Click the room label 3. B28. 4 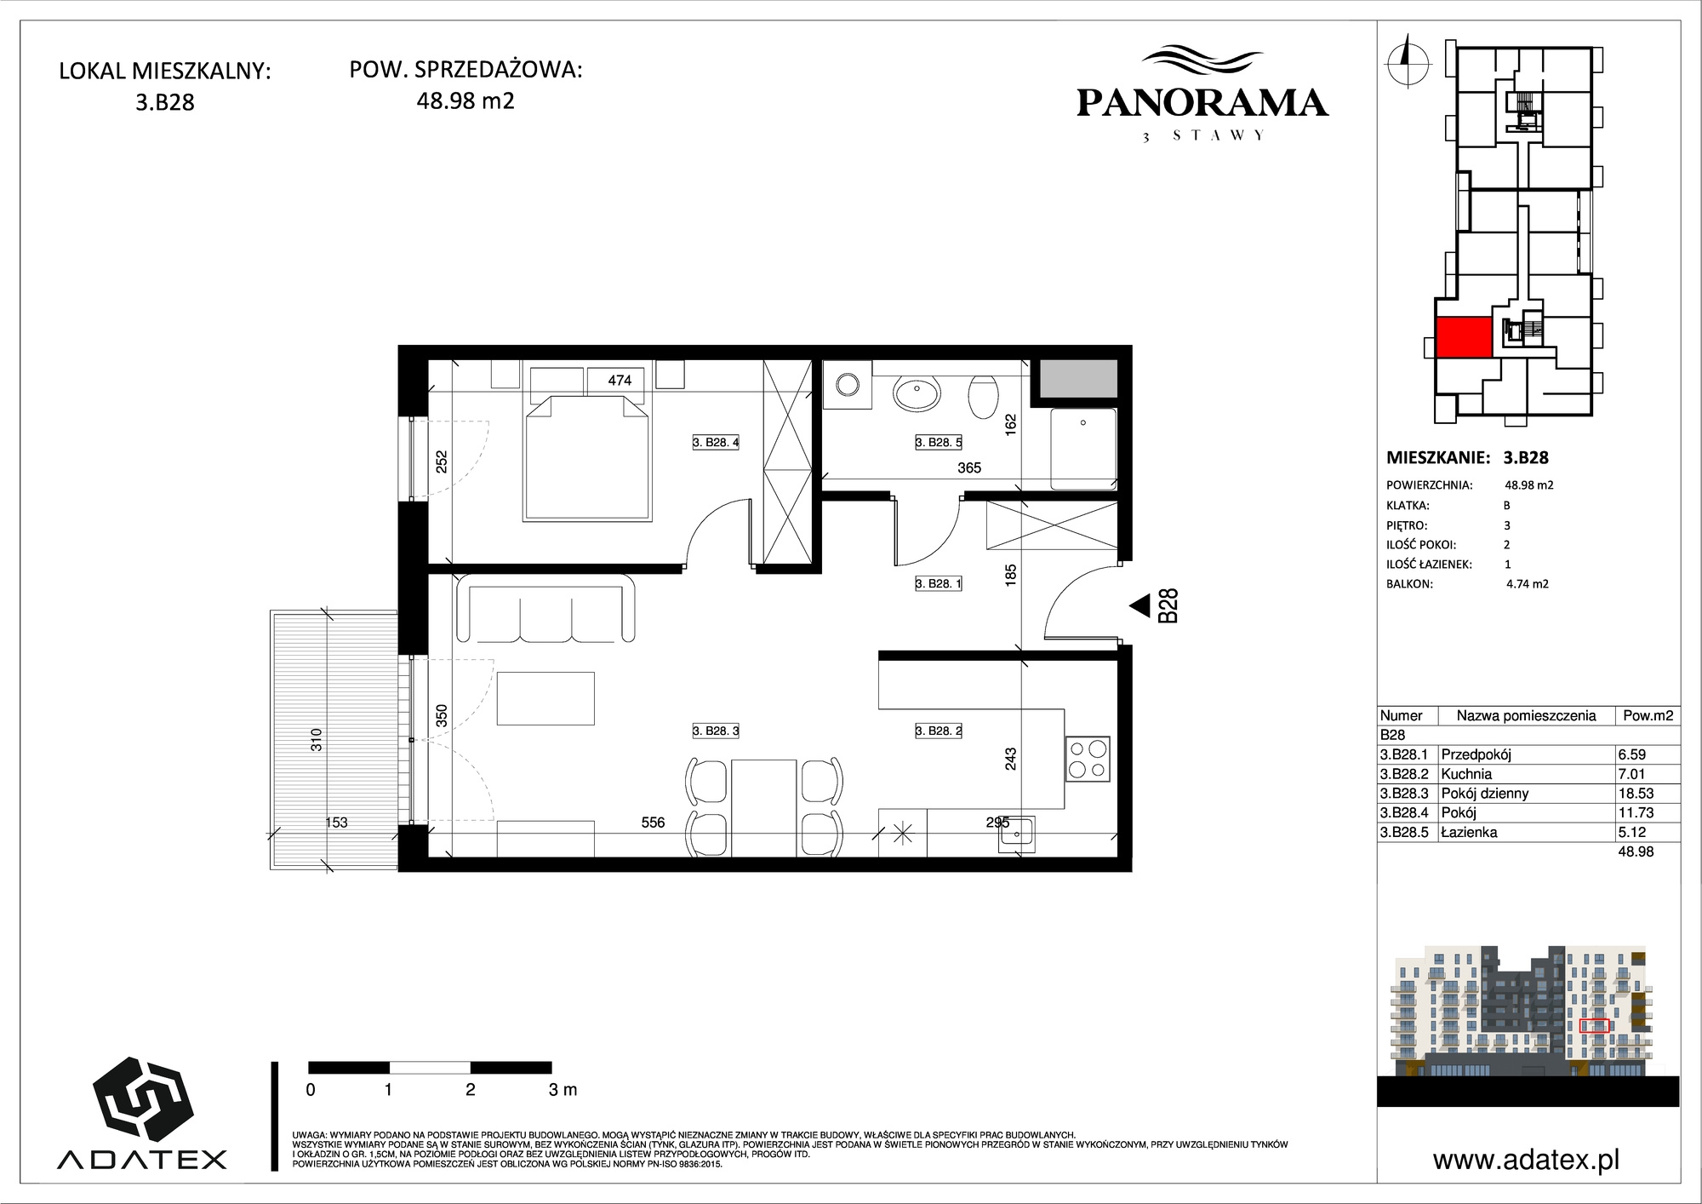pos(716,442)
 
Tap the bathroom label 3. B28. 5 pos(939,442)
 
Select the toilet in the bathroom pos(984,397)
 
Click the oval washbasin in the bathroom pos(917,394)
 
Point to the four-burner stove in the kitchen pos(1088,759)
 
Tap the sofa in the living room pos(546,608)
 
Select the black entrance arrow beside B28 pos(1139,605)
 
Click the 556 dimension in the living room pos(653,823)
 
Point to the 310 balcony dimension pos(317,739)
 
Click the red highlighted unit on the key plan pos(1464,336)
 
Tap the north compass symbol pos(1407,60)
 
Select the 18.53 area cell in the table pos(1636,794)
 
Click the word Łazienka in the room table pos(1469,833)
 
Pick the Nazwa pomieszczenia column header pos(1526,716)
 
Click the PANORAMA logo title pos(1202,103)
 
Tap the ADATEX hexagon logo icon pos(142,1099)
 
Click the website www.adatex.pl pos(1526,1160)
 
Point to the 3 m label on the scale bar pos(563,1090)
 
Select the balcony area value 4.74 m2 pos(1527,584)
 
